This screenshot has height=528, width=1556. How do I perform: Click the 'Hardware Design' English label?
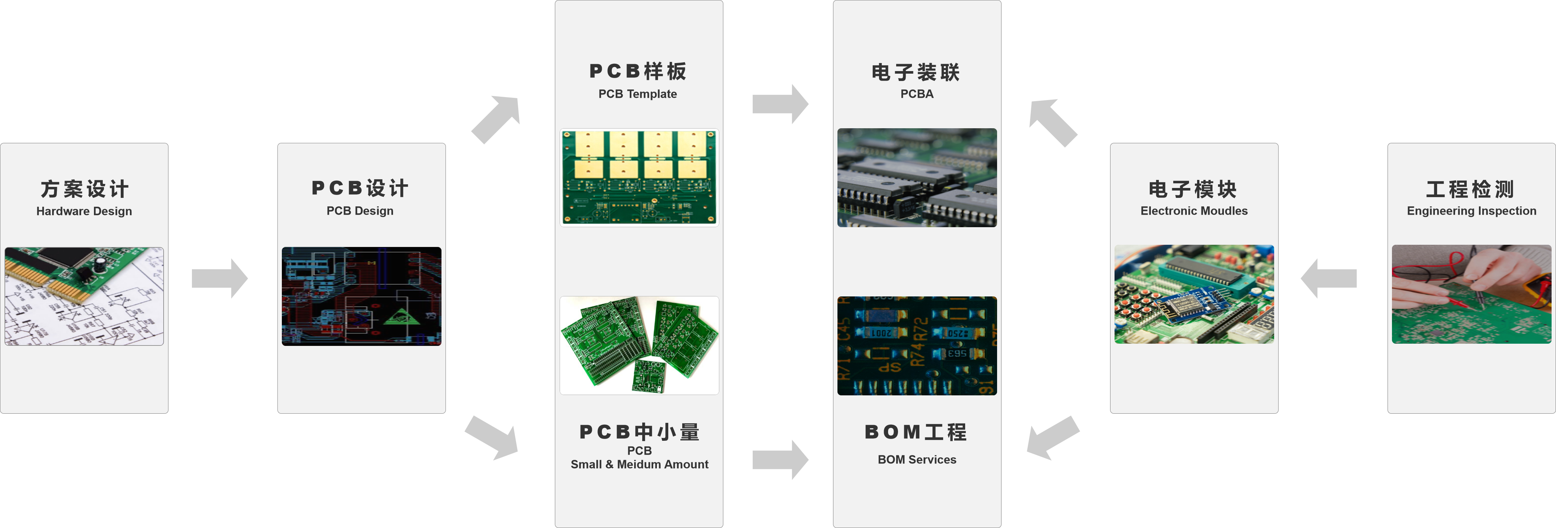[x=84, y=211]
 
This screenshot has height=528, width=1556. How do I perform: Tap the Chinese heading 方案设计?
[x=84, y=189]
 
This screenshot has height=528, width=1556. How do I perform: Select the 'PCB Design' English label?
[x=360, y=211]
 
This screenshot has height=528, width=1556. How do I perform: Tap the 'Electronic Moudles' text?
[x=1193, y=211]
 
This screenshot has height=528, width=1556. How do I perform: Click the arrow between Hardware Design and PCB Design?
[x=219, y=278]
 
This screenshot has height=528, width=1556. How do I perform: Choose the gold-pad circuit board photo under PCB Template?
[x=639, y=177]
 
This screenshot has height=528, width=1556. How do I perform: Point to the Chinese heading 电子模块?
[x=1193, y=189]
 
